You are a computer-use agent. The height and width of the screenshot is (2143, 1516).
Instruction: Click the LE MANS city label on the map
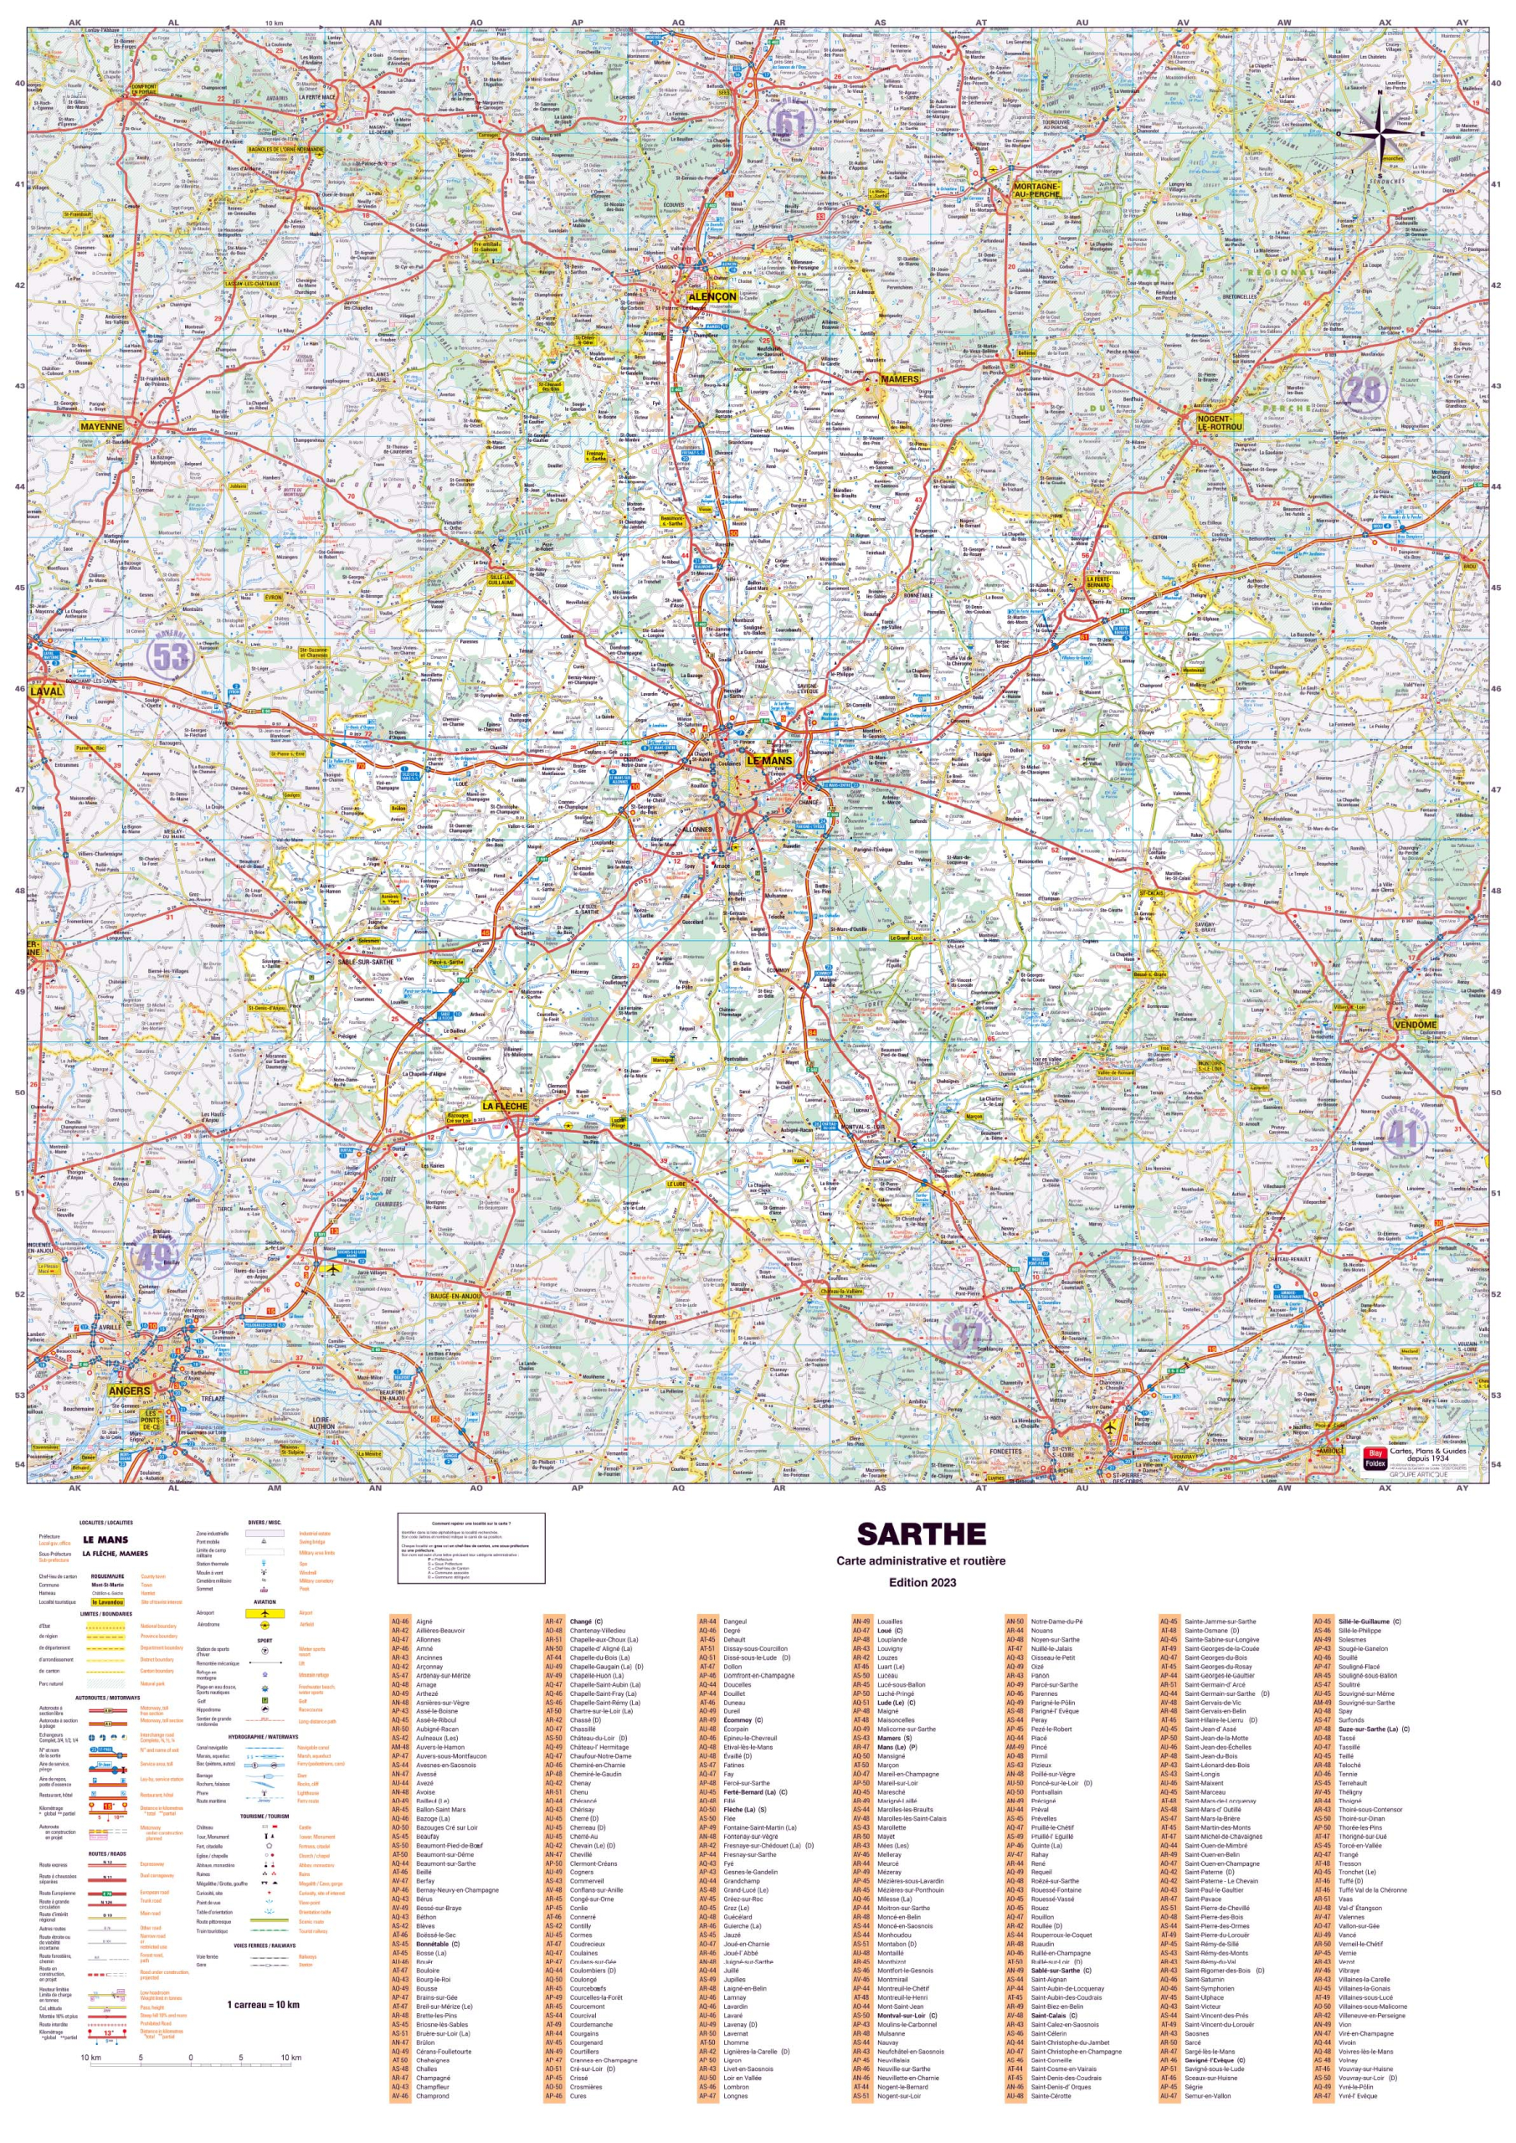point(768,760)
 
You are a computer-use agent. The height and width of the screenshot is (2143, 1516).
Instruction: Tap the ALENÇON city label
point(712,295)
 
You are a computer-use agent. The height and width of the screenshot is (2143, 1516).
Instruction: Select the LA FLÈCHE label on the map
point(504,1106)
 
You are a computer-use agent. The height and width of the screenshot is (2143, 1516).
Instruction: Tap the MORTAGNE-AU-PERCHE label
point(1036,190)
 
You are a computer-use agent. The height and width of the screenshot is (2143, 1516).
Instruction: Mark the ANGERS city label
point(129,1390)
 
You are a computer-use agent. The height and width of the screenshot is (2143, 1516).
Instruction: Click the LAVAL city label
point(47,691)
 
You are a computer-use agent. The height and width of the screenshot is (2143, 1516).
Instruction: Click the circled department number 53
point(170,656)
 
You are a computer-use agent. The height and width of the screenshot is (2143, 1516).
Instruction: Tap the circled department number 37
point(965,1337)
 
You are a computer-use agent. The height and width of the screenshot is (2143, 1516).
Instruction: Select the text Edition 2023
point(922,1582)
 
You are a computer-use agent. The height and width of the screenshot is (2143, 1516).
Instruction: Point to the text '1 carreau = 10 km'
point(263,2004)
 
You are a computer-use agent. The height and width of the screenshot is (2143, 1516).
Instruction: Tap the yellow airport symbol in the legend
point(265,1613)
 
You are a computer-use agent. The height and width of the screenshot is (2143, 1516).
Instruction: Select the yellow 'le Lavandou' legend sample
point(107,1601)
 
